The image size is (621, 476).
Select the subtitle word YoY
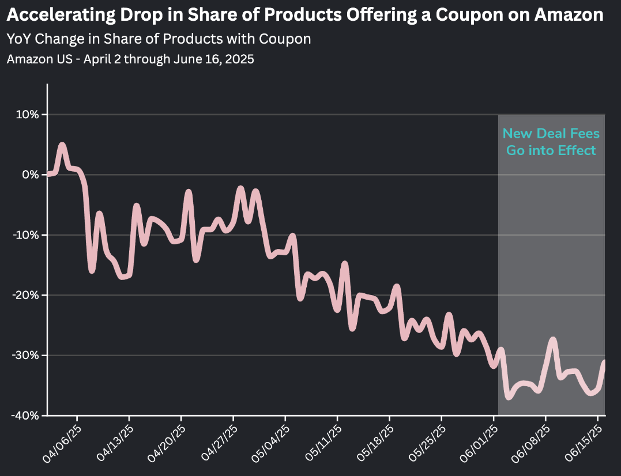click(18, 39)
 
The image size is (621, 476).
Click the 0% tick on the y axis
click(31, 175)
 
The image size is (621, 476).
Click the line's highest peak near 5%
click(62, 145)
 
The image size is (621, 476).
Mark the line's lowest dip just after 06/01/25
click(508, 396)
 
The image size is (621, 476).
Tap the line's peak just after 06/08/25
click(553, 340)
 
